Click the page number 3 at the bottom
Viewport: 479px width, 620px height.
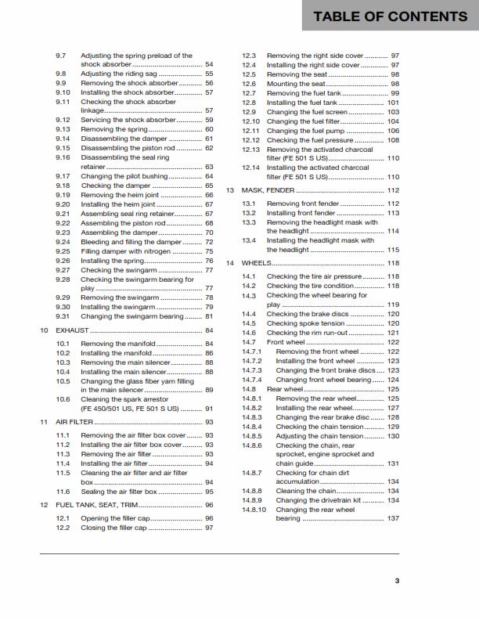[397, 580]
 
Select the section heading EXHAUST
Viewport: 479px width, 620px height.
[72, 331]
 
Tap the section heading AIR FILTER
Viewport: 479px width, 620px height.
[76, 422]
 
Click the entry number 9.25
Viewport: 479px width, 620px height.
[63, 251]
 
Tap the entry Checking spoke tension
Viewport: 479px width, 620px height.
[306, 323]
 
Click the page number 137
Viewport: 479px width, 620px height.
[393, 518]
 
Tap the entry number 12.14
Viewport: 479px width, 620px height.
[250, 168]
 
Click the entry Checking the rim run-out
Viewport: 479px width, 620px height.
[310, 333]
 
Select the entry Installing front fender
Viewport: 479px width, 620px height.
[301, 213]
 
